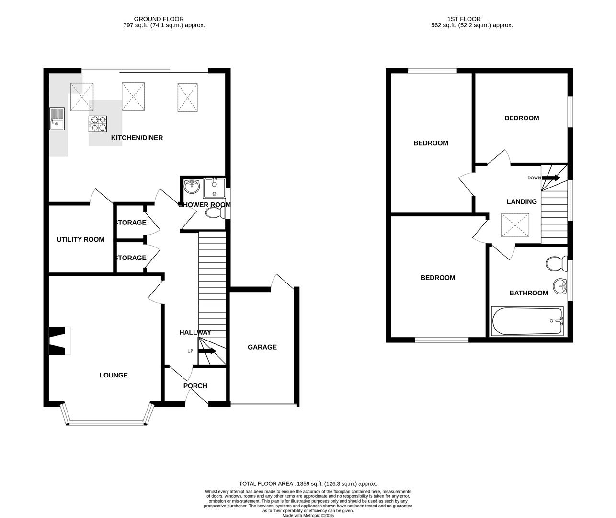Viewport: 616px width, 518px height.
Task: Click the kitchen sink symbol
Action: (x=57, y=118)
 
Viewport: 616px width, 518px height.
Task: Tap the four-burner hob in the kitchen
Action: (x=97, y=124)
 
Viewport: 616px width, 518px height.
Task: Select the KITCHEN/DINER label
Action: (x=137, y=138)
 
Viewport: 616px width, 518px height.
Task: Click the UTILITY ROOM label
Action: (x=80, y=239)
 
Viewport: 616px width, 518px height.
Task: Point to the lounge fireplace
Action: (x=59, y=341)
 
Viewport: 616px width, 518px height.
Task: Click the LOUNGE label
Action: (x=114, y=375)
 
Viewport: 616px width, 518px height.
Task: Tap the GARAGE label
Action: (x=262, y=347)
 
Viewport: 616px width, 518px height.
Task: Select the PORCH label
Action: (x=195, y=386)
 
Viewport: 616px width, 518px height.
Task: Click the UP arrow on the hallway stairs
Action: (x=207, y=351)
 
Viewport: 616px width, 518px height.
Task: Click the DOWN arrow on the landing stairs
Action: (x=551, y=178)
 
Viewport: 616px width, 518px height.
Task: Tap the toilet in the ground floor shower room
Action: (x=214, y=212)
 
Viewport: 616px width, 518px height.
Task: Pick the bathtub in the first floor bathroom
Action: (x=527, y=321)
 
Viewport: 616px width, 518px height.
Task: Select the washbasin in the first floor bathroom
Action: (x=559, y=287)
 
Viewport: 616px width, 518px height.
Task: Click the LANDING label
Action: (x=522, y=202)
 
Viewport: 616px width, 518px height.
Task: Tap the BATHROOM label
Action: (x=528, y=293)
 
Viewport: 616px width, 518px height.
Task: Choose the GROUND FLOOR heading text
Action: (x=152, y=19)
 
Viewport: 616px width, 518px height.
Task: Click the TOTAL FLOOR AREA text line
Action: (x=308, y=484)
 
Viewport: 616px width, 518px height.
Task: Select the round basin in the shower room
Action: (x=192, y=186)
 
